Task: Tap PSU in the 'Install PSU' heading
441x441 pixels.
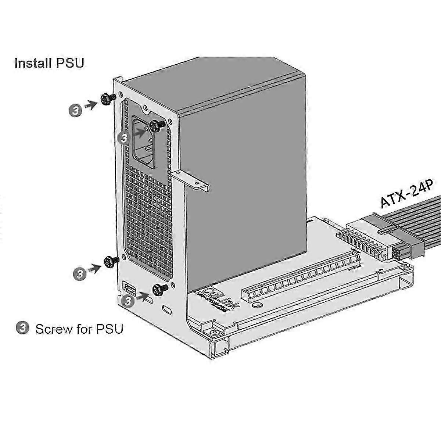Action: click(70, 63)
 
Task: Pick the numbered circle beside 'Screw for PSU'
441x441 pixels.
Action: click(23, 327)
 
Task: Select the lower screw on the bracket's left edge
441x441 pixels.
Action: click(110, 262)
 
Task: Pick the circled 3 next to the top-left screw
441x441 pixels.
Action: click(76, 110)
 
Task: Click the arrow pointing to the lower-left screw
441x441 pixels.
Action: click(94, 269)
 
